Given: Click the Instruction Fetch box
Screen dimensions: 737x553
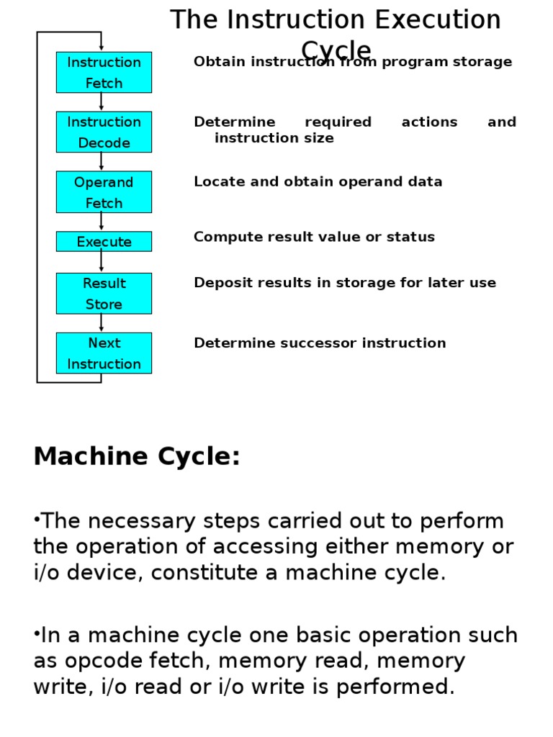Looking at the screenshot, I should (x=104, y=72).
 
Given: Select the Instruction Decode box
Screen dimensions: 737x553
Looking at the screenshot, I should (x=104, y=132).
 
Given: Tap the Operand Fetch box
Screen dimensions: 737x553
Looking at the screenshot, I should (x=104, y=191).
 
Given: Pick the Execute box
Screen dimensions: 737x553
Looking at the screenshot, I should (x=104, y=242).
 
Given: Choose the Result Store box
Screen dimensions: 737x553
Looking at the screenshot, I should (x=104, y=293).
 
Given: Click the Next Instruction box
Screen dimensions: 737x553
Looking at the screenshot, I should (x=104, y=353).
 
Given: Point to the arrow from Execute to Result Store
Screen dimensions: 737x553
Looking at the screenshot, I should (x=102, y=262).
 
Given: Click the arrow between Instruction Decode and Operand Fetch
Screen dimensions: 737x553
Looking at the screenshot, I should (x=102, y=162).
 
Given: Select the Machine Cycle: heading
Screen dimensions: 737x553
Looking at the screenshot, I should (x=137, y=456).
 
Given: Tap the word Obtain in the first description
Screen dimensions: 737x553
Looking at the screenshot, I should (x=214, y=62).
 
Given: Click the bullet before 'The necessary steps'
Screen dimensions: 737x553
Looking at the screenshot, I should (x=36, y=520).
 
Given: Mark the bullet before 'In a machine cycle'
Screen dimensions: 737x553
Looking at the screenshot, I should (x=36, y=634).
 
